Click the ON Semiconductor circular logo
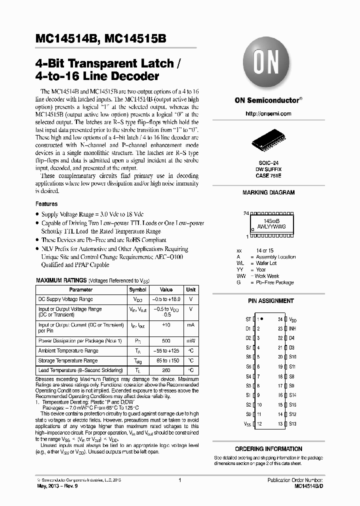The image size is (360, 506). pos(268,66)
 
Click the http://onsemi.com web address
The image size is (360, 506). pos(268,113)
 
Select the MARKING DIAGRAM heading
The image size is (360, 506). pos(268,192)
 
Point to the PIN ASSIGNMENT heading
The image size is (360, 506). pos(270,301)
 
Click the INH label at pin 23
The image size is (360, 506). pos(292,328)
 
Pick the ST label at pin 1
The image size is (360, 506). pos(248,319)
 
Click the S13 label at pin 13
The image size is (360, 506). pos(292,423)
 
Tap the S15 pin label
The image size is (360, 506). pos(292,404)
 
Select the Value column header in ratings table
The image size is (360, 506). pos(166,289)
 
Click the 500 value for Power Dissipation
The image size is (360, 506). pos(166,340)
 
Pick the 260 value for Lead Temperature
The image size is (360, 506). pos(166,370)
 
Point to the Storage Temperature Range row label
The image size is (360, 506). pos(68,360)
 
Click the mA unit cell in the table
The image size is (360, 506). pos(190,325)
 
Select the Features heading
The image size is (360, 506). pos(46,204)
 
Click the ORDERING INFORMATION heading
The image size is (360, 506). pos(268,449)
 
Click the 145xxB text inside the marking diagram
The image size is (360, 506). pos(271,220)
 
